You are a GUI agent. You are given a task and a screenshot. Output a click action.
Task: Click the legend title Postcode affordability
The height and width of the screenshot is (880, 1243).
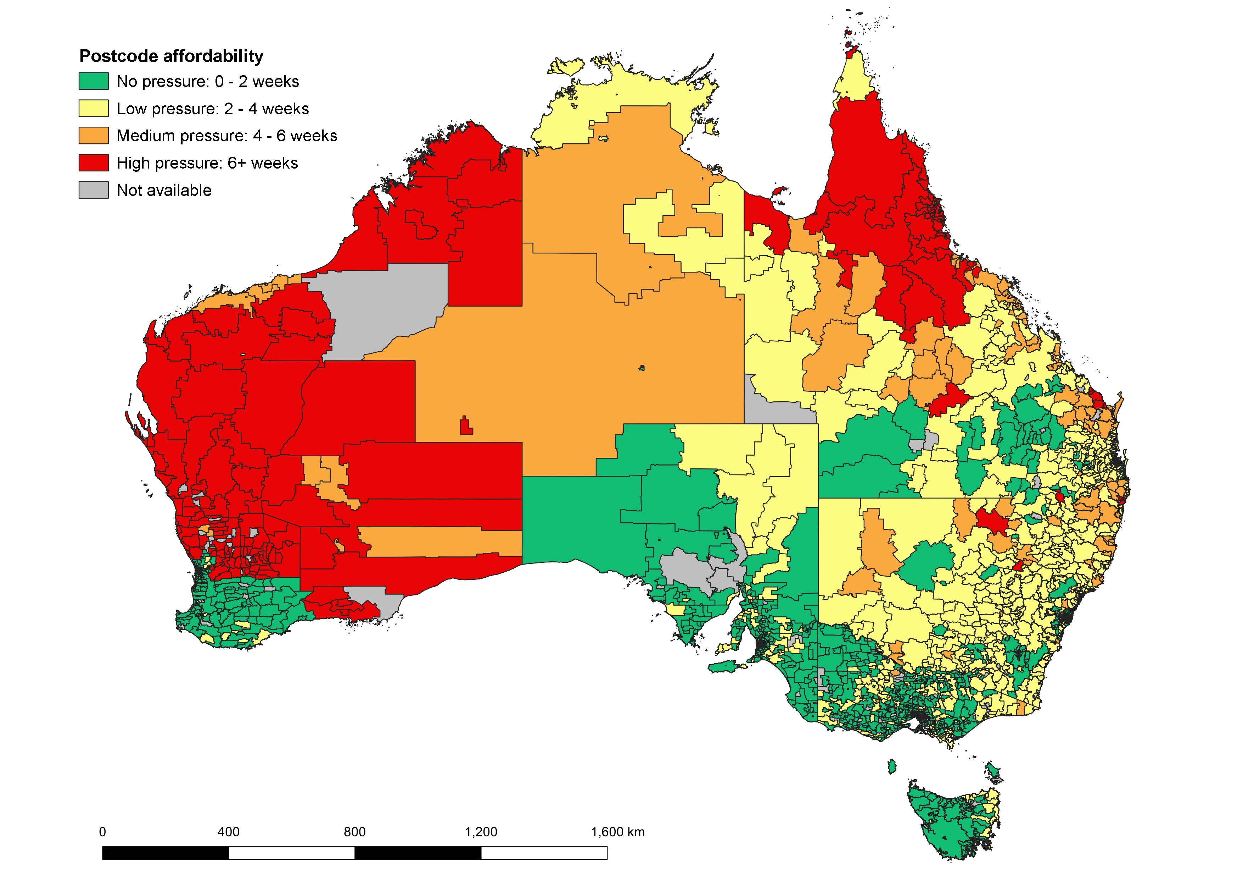coord(171,56)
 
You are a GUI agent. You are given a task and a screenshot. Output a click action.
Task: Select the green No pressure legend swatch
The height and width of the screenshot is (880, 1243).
coord(94,81)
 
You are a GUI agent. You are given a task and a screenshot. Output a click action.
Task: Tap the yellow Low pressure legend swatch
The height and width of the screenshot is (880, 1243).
coord(94,108)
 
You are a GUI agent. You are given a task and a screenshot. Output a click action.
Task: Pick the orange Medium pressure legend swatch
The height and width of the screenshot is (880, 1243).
coord(94,136)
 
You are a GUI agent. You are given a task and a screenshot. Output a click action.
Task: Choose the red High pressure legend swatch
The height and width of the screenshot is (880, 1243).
coord(94,163)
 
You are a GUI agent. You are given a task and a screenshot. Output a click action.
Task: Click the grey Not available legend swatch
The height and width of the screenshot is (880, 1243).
coord(94,190)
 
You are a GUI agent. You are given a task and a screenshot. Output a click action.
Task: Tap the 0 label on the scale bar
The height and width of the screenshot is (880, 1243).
coord(102,832)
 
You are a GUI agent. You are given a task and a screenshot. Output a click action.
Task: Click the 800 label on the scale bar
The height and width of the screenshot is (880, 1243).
coord(354,832)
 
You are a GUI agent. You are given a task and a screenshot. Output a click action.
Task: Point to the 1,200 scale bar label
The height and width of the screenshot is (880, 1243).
coord(481,832)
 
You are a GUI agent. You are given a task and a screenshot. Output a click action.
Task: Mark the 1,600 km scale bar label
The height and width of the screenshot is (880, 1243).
coord(618,832)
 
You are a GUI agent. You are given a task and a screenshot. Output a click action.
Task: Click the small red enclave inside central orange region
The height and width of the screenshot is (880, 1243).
coord(466,427)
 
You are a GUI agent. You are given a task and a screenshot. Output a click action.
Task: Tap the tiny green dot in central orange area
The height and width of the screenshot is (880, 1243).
coord(642,368)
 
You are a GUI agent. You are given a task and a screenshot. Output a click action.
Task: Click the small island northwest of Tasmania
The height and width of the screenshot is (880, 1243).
coord(892,766)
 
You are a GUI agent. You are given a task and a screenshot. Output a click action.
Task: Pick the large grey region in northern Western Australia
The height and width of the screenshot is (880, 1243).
coord(384,309)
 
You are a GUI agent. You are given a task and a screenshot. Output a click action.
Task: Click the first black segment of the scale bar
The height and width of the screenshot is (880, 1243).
coord(165,853)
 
